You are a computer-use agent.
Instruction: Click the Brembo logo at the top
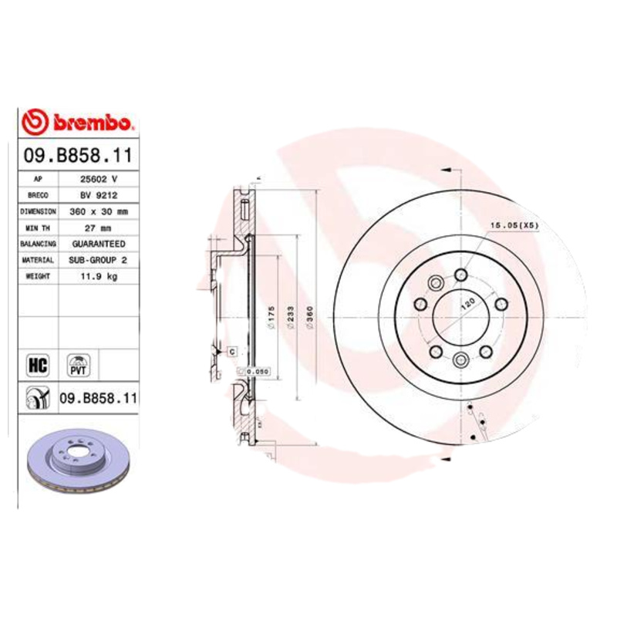(x=79, y=122)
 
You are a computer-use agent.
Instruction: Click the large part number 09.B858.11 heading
(x=78, y=156)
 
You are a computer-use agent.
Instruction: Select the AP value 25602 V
(x=99, y=178)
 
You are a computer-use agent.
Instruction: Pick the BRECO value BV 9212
(x=99, y=194)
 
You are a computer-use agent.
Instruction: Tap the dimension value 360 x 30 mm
(x=99, y=211)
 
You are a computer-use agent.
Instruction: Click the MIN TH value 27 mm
(x=99, y=228)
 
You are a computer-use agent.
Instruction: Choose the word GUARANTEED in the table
(x=99, y=244)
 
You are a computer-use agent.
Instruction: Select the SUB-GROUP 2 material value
(x=99, y=260)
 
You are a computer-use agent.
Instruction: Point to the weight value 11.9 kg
(x=99, y=276)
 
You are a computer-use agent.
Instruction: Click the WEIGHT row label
(x=38, y=276)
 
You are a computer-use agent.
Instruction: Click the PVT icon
(x=78, y=364)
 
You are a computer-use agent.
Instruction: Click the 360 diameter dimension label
(x=310, y=316)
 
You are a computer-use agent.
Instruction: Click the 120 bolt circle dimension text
(x=466, y=302)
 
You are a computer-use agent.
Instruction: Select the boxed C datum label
(x=231, y=351)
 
